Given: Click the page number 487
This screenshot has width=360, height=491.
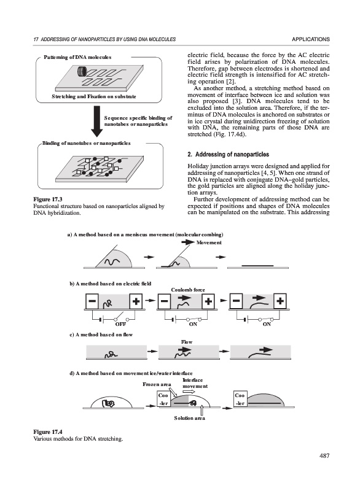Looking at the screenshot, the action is (x=324, y=456).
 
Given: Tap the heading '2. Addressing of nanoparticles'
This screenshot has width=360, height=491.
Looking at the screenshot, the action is (x=228, y=155).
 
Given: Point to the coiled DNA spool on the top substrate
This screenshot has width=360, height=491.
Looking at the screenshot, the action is (x=82, y=72).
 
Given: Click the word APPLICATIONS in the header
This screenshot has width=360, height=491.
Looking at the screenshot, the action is (x=311, y=39).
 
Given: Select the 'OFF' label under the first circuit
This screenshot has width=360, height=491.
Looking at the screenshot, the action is (x=120, y=325).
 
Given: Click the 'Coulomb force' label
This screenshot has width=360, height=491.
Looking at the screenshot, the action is (x=188, y=290).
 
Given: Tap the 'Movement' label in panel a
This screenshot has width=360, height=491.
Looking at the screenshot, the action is (x=209, y=242).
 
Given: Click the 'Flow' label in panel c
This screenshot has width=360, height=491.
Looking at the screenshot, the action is (x=187, y=342).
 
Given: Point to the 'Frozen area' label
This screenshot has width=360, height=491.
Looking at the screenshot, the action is (x=157, y=385).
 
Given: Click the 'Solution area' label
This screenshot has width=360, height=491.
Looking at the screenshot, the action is (x=190, y=419).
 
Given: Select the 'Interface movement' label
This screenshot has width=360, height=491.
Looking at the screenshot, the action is (x=195, y=383).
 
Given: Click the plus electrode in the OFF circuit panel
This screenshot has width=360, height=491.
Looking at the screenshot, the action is (x=136, y=301).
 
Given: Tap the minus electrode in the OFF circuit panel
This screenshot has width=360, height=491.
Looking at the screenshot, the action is (x=92, y=301).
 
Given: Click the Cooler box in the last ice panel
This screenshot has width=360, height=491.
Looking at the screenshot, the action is (x=240, y=398).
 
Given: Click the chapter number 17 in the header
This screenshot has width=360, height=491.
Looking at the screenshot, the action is (x=36, y=39).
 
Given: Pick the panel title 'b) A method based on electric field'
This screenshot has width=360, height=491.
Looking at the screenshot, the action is (x=111, y=284).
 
